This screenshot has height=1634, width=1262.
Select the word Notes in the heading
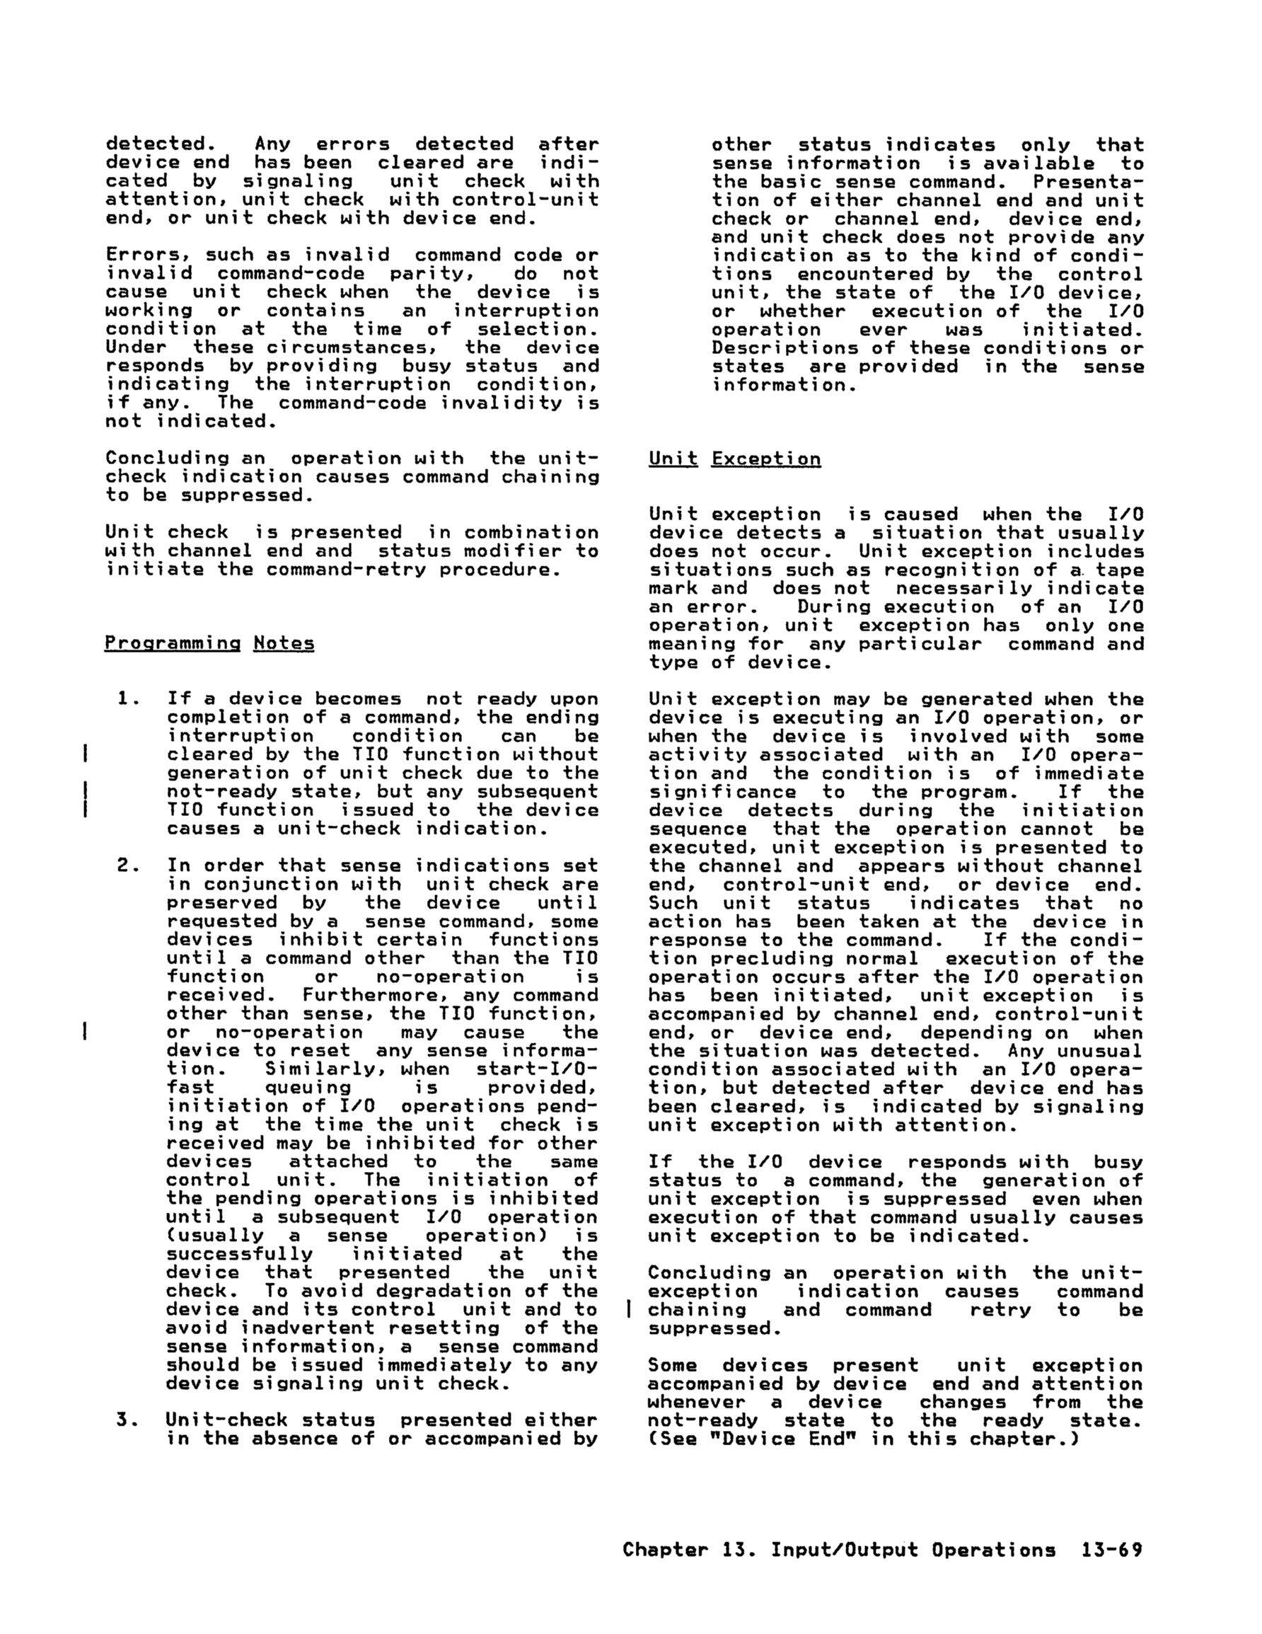click(x=284, y=643)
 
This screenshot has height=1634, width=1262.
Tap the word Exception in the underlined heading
click(x=766, y=459)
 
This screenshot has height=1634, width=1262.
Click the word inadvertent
click(x=308, y=1328)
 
